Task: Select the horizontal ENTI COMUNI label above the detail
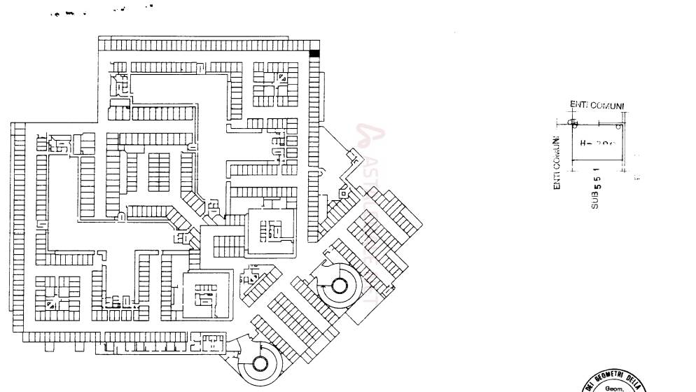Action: click(x=597, y=106)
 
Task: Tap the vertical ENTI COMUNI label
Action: click(x=557, y=162)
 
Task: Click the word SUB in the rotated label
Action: click(x=595, y=202)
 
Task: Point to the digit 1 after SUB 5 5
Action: click(x=596, y=170)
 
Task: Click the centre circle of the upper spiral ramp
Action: click(x=340, y=285)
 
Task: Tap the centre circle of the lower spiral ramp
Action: click(x=260, y=363)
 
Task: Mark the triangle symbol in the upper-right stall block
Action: click(x=282, y=78)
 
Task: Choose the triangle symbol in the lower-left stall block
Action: click(x=50, y=304)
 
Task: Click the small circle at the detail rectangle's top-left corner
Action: click(x=573, y=124)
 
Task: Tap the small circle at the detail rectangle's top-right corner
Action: click(x=618, y=127)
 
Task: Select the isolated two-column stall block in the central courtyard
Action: click(x=160, y=171)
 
